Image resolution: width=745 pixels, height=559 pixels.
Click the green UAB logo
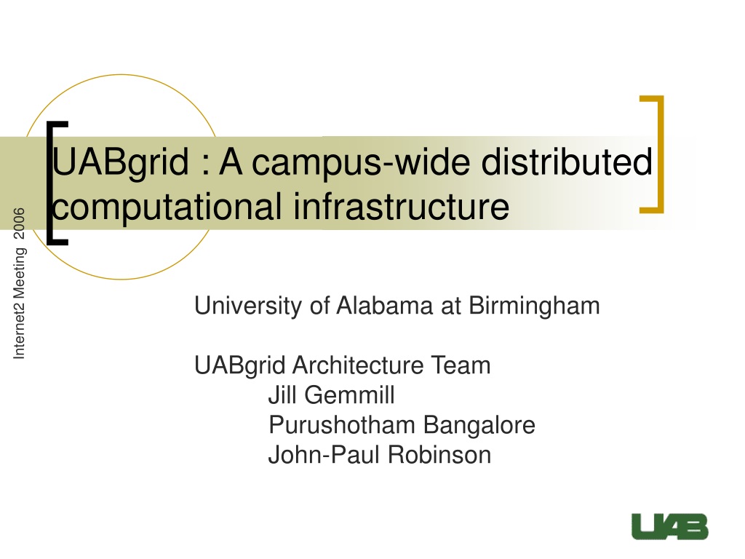[670, 527]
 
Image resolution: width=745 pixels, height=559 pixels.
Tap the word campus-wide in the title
[361, 163]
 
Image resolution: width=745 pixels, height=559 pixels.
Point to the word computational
[167, 208]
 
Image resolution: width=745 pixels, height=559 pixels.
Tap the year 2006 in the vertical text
[18, 223]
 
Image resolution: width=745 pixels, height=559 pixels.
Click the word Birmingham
[534, 306]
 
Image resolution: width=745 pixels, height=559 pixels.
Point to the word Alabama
[385, 305]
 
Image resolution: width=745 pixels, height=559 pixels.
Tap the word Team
[461, 365]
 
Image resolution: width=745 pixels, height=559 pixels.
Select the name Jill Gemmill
[332, 395]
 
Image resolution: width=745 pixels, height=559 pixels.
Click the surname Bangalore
[479, 426]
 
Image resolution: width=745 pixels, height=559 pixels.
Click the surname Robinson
[439, 454]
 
